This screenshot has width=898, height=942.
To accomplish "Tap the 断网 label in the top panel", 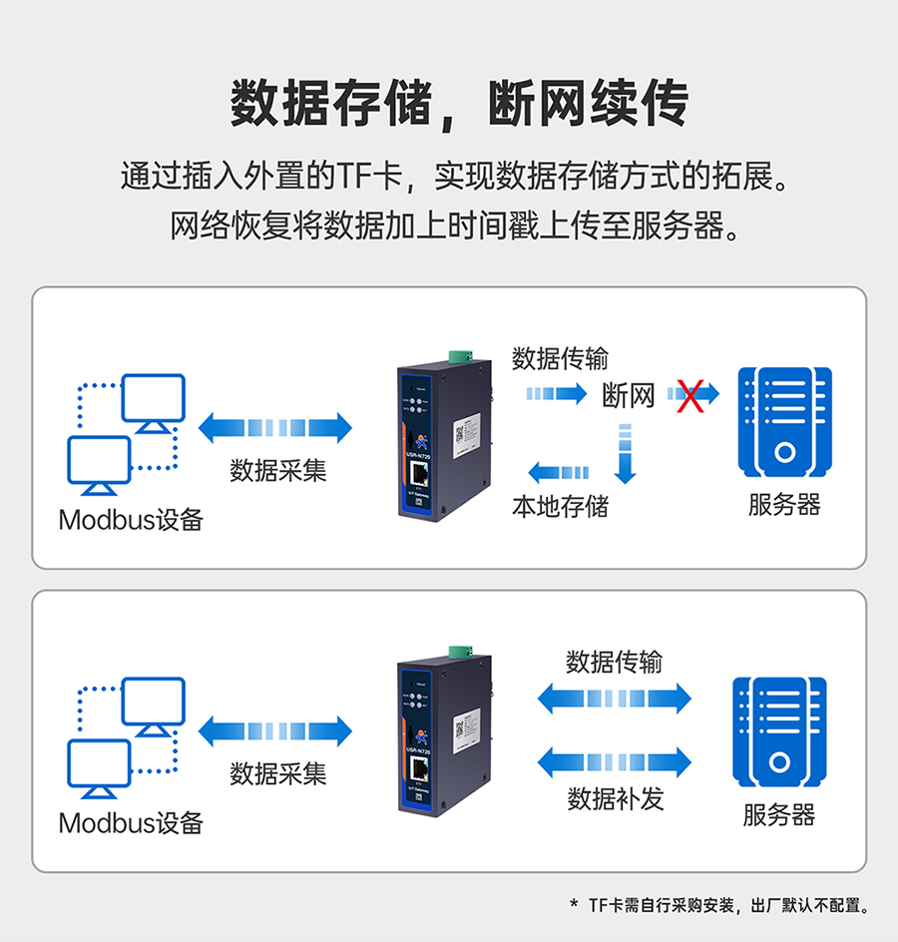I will click(629, 395).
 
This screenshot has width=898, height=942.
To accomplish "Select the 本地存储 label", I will click(560, 506).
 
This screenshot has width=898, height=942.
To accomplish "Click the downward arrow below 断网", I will click(625, 454).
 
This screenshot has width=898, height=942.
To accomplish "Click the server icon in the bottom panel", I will click(779, 731).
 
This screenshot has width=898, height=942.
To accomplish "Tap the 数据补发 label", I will click(615, 798).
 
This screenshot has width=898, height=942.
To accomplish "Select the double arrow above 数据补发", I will click(615, 762).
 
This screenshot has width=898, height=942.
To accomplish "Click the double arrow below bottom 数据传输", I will click(615, 698).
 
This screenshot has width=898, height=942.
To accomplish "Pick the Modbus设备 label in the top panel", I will click(131, 520).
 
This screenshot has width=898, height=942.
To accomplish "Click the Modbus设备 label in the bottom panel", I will click(131, 823).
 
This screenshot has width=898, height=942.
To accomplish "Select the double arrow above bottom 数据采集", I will click(275, 731).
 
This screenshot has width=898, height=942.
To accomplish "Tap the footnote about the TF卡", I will click(724, 905).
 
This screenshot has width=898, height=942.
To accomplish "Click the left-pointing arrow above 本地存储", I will click(558, 472).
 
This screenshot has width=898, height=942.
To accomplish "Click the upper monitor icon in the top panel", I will click(153, 402).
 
